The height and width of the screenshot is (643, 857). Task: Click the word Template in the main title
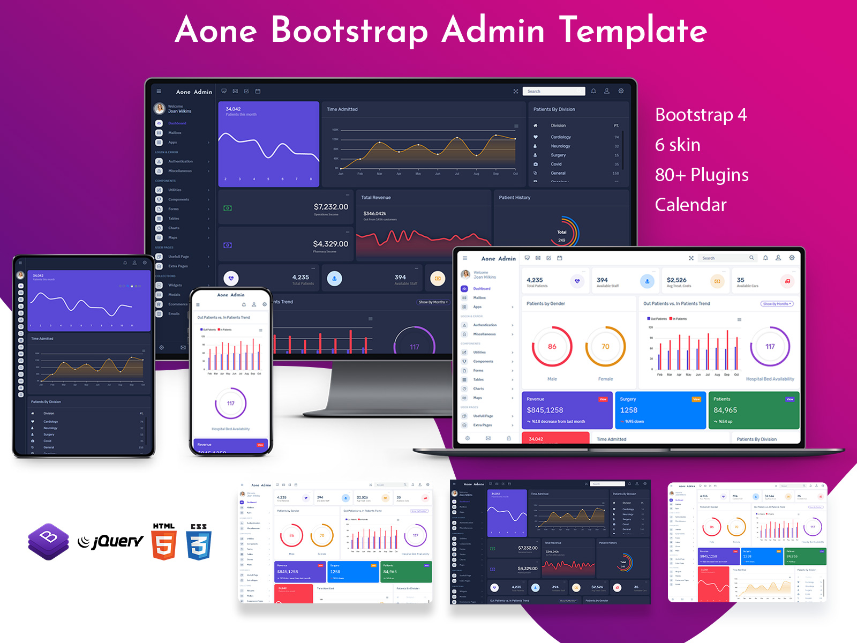(x=633, y=30)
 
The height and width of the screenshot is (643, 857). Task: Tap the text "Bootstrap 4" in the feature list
(x=701, y=115)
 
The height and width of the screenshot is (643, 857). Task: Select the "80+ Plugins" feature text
(x=702, y=175)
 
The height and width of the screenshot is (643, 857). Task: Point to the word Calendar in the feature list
(x=690, y=205)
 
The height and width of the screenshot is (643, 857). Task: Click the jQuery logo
(x=111, y=541)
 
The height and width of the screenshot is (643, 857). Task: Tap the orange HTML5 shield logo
(x=164, y=542)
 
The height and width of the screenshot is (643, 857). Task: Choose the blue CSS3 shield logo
(x=199, y=542)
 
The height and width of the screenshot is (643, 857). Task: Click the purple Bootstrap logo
(x=49, y=541)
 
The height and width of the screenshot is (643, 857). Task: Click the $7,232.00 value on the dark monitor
(x=330, y=207)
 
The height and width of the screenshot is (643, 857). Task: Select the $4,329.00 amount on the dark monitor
(x=330, y=244)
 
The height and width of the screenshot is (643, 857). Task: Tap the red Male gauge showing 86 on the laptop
(x=552, y=347)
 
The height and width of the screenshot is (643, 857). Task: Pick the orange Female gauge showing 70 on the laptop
(x=605, y=347)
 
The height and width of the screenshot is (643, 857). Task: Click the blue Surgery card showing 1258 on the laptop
(x=660, y=410)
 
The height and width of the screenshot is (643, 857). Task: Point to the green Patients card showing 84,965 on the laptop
(x=754, y=410)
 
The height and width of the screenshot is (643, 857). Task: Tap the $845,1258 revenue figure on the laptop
(x=545, y=410)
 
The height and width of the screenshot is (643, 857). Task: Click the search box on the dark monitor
(x=553, y=92)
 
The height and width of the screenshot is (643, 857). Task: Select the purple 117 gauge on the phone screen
(x=230, y=403)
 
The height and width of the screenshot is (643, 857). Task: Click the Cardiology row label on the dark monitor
(x=561, y=137)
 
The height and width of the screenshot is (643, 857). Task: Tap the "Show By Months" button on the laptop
(x=776, y=304)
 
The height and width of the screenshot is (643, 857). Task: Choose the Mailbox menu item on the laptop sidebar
(x=479, y=298)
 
